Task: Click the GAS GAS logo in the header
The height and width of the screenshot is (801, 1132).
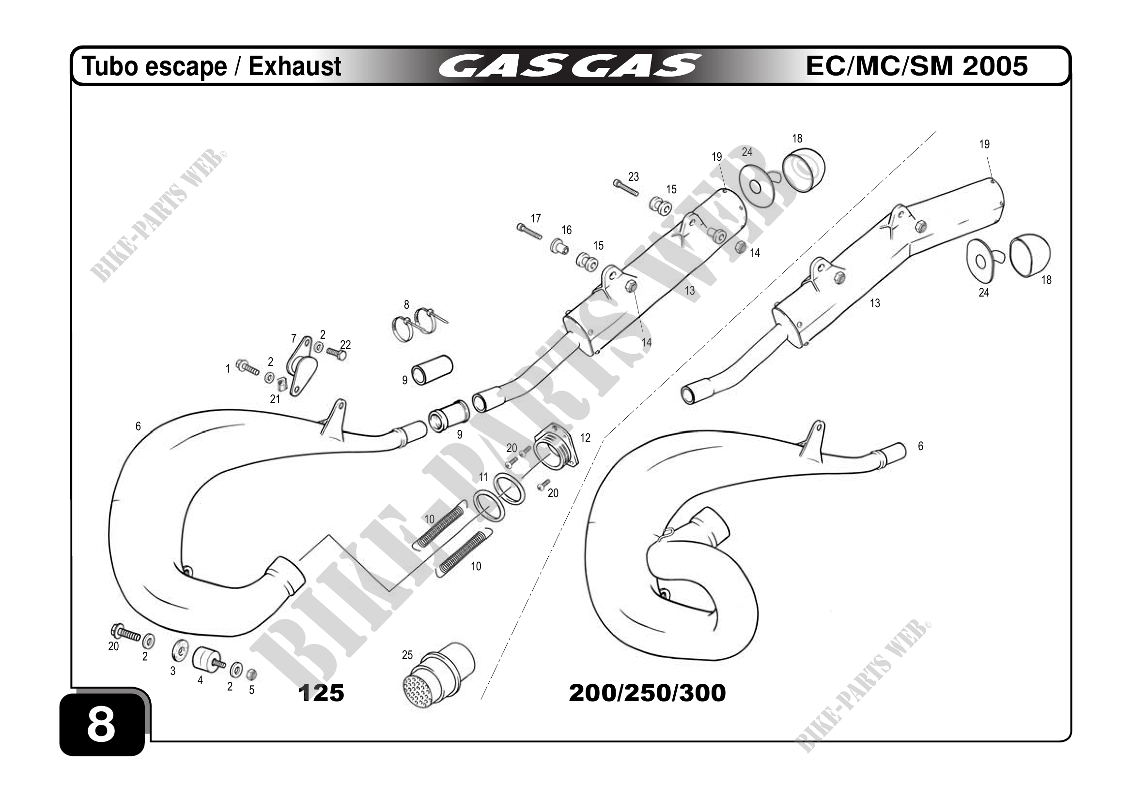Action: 570,66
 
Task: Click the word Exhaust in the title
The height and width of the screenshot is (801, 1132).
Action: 295,66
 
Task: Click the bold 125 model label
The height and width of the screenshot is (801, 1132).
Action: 321,693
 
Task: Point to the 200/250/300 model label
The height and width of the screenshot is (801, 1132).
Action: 647,693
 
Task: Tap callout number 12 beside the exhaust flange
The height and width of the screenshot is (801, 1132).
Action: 585,438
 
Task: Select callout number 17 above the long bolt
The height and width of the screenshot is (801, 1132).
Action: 536,218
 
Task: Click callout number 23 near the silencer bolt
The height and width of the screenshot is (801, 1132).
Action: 634,176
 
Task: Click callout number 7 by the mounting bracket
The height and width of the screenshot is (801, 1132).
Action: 294,339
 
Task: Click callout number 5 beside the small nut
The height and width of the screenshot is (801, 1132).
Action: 251,690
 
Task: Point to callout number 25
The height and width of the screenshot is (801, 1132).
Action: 407,655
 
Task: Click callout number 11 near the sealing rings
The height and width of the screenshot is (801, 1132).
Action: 483,477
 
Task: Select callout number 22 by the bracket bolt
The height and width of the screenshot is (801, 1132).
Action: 346,344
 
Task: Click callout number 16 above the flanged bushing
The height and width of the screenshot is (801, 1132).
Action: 567,230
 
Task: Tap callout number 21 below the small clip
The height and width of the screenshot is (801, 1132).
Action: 275,399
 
